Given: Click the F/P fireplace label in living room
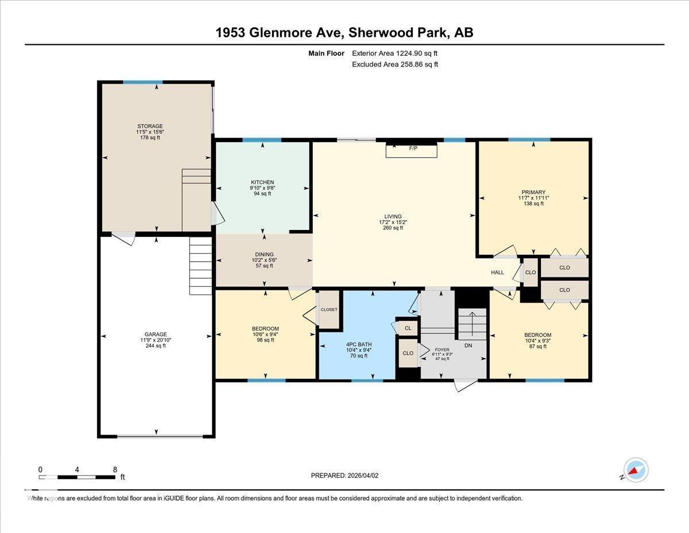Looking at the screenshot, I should (x=412, y=148).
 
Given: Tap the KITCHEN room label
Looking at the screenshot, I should (x=262, y=182).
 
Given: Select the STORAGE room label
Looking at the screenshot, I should (x=150, y=126).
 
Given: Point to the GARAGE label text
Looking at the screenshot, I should (x=156, y=334).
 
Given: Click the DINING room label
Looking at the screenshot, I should (x=264, y=254).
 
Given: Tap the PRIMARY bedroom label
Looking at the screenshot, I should (x=533, y=193).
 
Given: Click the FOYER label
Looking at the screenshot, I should (x=442, y=349).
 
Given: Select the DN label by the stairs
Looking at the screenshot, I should (x=468, y=346).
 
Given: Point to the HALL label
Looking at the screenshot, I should (x=497, y=273).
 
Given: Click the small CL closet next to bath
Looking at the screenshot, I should (x=408, y=328).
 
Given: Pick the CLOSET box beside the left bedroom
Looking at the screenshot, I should (x=329, y=309).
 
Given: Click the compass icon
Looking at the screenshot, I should (x=636, y=470).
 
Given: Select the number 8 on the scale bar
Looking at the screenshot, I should (x=115, y=469).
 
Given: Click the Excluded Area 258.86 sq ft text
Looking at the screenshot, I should (x=395, y=64).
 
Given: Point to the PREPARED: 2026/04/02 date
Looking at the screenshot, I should (x=344, y=476).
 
